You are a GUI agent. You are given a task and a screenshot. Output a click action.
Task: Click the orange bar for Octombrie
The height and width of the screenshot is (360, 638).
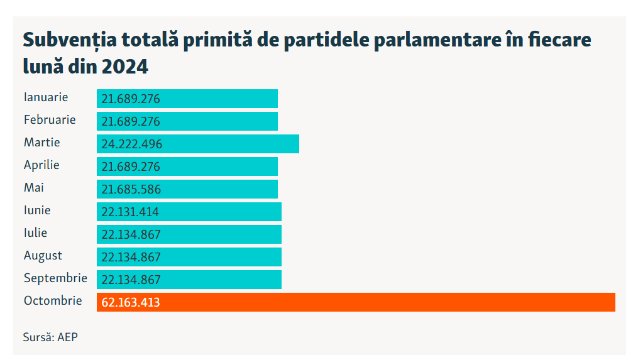[x=356, y=302]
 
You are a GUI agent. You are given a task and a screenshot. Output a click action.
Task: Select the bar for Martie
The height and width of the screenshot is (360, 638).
[x=197, y=144]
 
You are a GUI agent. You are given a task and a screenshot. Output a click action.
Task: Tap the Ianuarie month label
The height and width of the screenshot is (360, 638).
[x=46, y=97]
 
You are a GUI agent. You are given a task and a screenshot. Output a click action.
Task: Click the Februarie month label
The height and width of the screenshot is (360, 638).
[x=50, y=120]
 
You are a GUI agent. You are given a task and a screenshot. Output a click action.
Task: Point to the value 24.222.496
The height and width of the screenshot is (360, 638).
[x=131, y=145]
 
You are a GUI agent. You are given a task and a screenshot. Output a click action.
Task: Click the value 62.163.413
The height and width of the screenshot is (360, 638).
[x=131, y=303]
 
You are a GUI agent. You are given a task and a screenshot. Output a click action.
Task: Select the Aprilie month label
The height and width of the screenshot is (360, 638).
[x=41, y=165]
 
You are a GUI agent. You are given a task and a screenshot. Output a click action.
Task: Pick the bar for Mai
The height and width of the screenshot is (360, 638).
[x=187, y=189]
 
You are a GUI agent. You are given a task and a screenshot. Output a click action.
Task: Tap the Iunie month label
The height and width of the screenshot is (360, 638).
[x=37, y=210]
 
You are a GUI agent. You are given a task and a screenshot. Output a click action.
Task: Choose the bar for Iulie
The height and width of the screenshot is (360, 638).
[x=189, y=234]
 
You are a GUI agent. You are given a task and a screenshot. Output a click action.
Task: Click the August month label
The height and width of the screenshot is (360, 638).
[x=43, y=256]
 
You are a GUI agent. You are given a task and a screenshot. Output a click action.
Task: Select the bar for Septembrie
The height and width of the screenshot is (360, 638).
[x=189, y=280]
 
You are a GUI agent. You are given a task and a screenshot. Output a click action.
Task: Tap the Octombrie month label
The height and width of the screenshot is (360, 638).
[x=53, y=301]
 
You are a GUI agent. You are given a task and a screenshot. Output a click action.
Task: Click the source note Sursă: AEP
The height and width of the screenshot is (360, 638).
[x=50, y=337]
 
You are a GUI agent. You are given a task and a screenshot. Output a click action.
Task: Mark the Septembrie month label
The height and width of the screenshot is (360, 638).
[x=55, y=278]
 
